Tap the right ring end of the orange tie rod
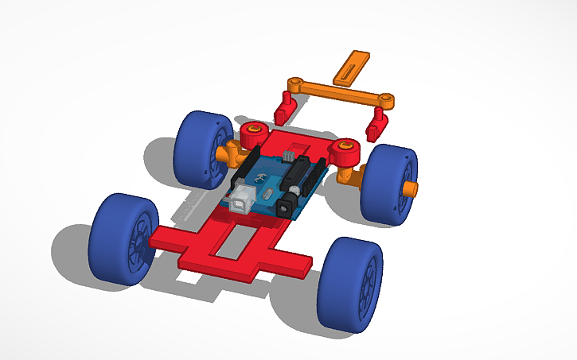pyautogui.click(x=386, y=99)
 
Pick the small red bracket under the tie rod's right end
pyautogui.click(x=376, y=123)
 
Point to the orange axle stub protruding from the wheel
pyautogui.click(x=409, y=188)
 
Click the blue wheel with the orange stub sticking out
pyautogui.click(x=387, y=185)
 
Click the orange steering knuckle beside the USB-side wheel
pyautogui.click(x=226, y=151)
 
